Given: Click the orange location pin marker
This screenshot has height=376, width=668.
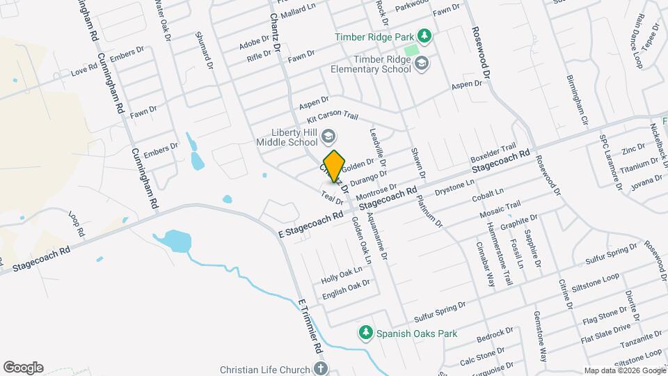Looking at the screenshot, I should pyautogui.click(x=335, y=165).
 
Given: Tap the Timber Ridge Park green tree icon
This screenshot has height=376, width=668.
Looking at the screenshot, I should pyautogui.click(x=423, y=36).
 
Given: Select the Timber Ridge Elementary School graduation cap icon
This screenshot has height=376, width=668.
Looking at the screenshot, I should pyautogui.click(x=421, y=65).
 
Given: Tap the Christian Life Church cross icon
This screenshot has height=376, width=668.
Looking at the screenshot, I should pyautogui.click(x=320, y=368).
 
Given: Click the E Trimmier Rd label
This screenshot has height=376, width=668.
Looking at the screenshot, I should pyautogui.click(x=310, y=326).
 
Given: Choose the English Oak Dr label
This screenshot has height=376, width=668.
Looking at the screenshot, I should pyautogui.click(x=345, y=288).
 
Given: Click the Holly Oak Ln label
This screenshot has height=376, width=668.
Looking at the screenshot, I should pyautogui.click(x=342, y=275).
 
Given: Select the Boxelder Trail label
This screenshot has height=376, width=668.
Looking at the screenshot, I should pyautogui.click(x=493, y=153).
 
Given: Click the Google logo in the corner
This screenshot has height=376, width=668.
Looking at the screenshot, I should pyautogui.click(x=23, y=368).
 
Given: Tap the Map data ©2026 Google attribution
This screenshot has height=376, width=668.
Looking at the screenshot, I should pyautogui.click(x=624, y=370).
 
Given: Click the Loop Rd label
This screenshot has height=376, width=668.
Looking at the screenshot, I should pyautogui.click(x=76, y=222).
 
